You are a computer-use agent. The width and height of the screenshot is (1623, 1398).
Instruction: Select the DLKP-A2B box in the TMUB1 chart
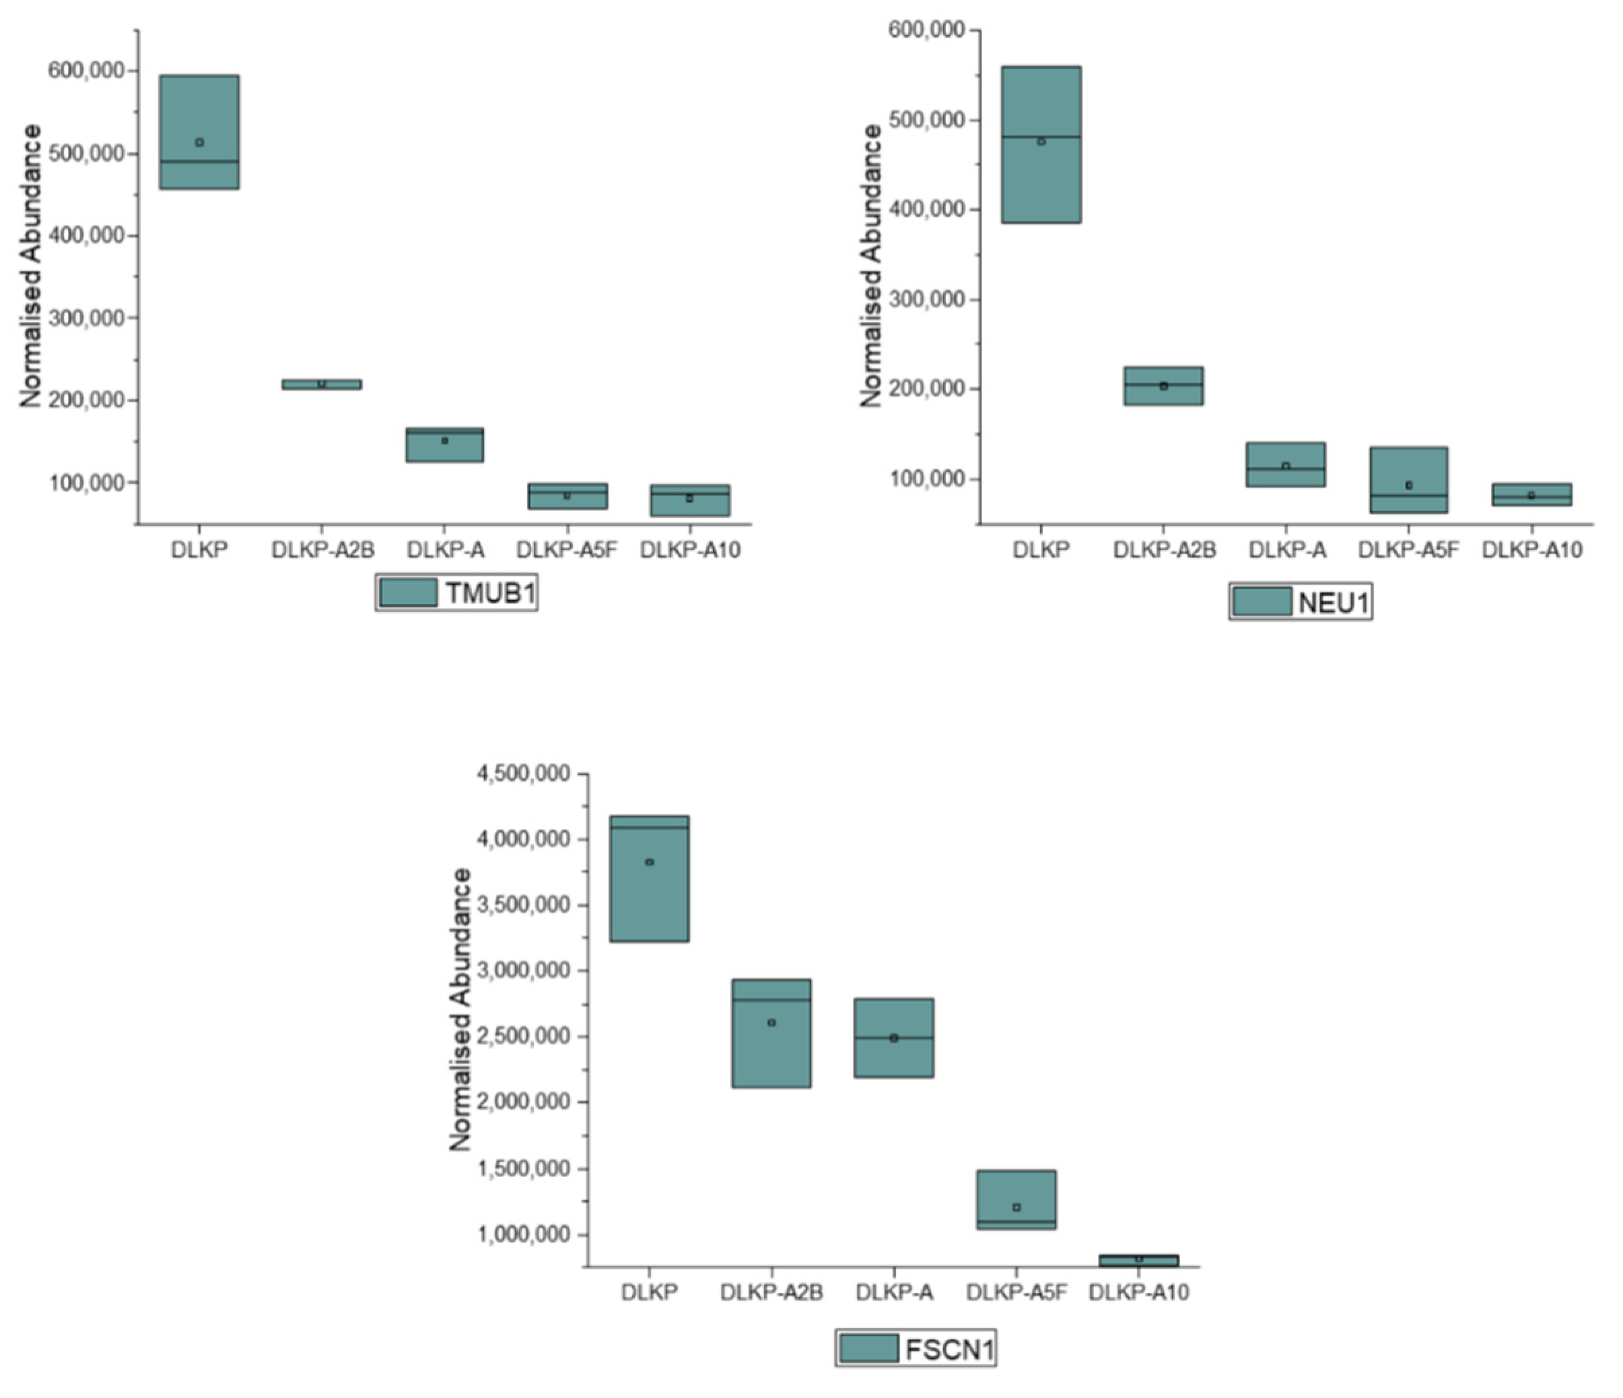(x=321, y=384)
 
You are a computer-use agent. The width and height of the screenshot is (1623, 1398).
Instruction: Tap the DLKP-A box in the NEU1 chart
(x=1285, y=465)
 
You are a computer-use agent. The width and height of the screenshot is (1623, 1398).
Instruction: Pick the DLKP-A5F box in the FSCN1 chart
(x=1016, y=1199)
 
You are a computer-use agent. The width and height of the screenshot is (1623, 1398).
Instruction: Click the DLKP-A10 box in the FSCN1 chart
(x=1138, y=1260)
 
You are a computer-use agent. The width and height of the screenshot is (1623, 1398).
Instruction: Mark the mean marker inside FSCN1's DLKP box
(x=650, y=862)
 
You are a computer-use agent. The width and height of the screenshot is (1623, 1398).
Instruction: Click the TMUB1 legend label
(x=490, y=593)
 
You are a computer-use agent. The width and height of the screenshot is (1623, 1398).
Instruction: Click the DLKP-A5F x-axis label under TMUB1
(x=566, y=550)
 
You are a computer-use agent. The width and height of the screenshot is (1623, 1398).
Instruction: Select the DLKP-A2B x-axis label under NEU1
(x=1164, y=550)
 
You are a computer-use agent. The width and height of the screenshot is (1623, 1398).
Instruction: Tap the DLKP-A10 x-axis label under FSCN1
(x=1138, y=1292)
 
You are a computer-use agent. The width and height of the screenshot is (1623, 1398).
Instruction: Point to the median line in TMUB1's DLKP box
(x=199, y=162)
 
